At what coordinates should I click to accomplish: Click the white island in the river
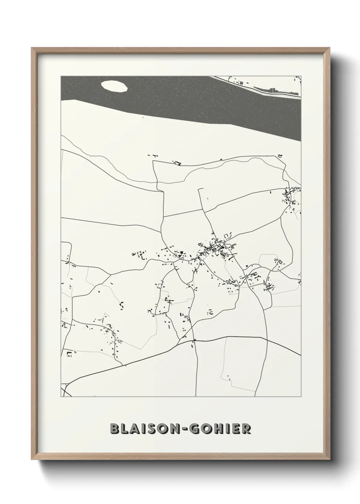tap(114, 86)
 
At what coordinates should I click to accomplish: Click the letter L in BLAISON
tap(124, 429)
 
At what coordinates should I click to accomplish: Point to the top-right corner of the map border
tap(301, 76)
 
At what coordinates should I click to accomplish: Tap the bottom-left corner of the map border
tap(61, 397)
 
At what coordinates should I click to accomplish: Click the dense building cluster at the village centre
tap(213, 247)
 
